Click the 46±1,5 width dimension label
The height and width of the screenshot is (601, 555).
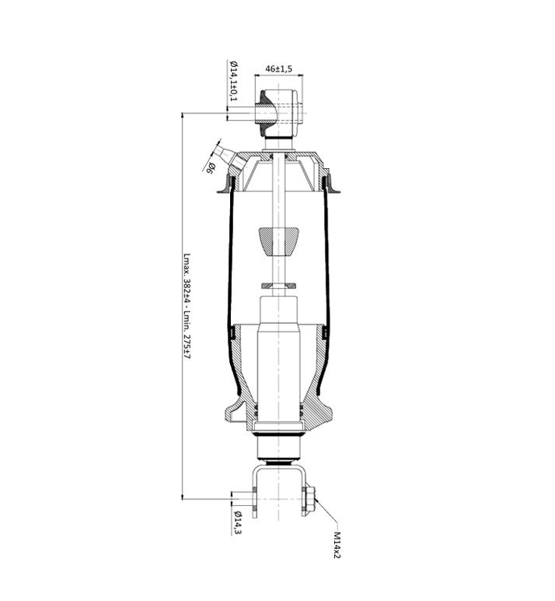[x=278, y=69]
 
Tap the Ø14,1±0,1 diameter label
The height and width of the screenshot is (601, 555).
[x=233, y=81]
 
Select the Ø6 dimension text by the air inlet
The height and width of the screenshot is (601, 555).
[x=211, y=168]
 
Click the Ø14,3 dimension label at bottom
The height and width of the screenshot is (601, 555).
[x=237, y=522]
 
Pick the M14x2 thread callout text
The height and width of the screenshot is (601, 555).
[x=337, y=545]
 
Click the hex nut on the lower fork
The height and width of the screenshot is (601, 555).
[x=310, y=499]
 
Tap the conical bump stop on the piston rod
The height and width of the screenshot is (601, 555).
[x=278, y=241]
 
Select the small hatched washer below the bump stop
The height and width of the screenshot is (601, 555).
[x=278, y=286]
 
